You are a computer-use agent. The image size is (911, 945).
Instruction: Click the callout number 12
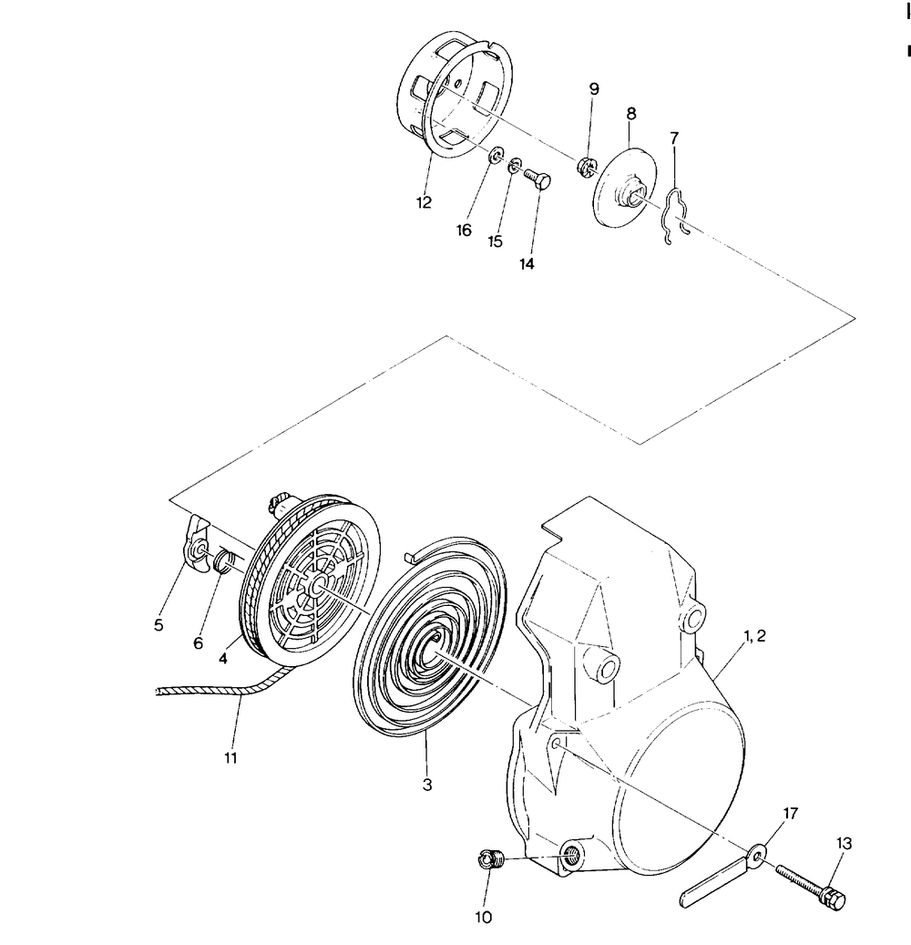425,201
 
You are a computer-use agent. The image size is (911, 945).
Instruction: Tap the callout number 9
594,89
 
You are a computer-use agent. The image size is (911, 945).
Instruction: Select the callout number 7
674,138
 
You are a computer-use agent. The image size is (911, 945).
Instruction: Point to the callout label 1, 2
753,637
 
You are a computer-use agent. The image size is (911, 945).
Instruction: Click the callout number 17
790,813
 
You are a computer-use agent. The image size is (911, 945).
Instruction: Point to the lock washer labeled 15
516,166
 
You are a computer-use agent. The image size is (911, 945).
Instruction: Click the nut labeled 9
586,165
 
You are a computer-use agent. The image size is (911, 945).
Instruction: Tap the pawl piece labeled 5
198,550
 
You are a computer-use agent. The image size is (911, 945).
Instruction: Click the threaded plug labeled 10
493,858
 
